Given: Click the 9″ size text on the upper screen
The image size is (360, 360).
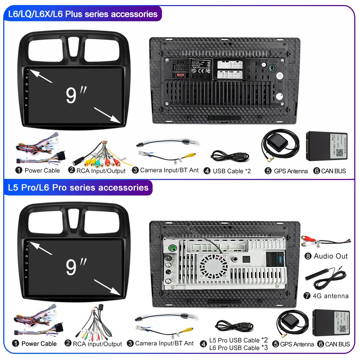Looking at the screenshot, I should pyautogui.click(x=76, y=94).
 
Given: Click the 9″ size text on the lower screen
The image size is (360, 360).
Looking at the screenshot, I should pyautogui.click(x=76, y=266).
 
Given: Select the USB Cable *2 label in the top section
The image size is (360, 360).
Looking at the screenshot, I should pyautogui.click(x=231, y=171).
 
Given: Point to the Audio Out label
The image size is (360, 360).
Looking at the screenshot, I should pyautogui.click(x=330, y=256).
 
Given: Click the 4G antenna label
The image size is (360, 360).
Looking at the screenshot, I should pyautogui.click(x=331, y=296).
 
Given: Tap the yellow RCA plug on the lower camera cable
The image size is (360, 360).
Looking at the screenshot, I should pyautogui.click(x=188, y=328).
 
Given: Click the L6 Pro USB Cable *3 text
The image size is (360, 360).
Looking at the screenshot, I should pyautogui.click(x=239, y=348).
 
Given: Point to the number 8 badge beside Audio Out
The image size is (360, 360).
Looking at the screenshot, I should pyautogui.click(x=308, y=256).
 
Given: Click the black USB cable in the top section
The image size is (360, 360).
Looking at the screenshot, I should pyautogui.click(x=230, y=156).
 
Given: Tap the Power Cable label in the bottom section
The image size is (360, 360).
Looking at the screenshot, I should pyautogui.click(x=39, y=344).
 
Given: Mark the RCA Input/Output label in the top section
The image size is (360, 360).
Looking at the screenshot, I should pyautogui.click(x=101, y=171).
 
